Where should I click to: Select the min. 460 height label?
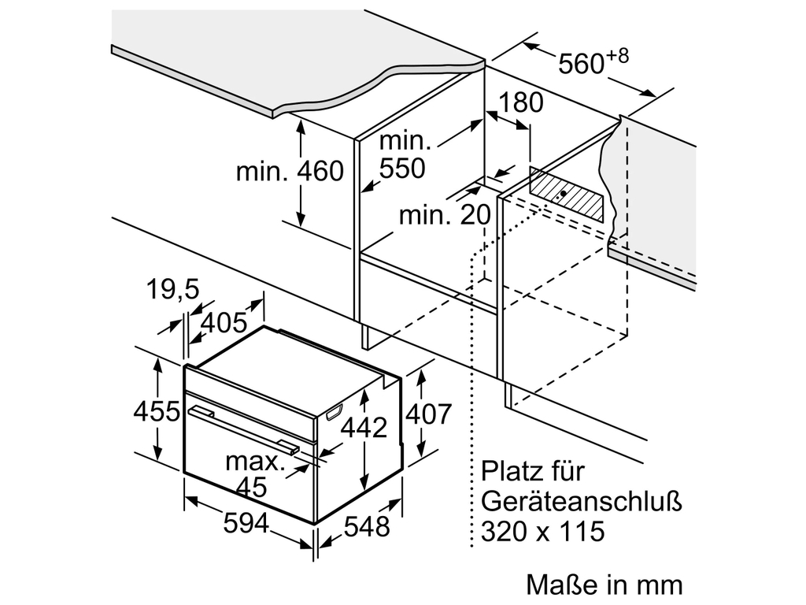290,170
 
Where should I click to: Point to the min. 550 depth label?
403,154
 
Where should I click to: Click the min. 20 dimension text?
444,214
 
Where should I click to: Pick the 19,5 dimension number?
172,291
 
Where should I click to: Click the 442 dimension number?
364,428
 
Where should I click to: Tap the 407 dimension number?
427,414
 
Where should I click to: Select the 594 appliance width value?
246,522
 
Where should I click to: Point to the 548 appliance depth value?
367,526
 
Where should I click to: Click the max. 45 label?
255,473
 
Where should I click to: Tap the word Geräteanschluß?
581,501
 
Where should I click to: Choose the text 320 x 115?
543,531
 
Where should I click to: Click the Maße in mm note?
604,585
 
